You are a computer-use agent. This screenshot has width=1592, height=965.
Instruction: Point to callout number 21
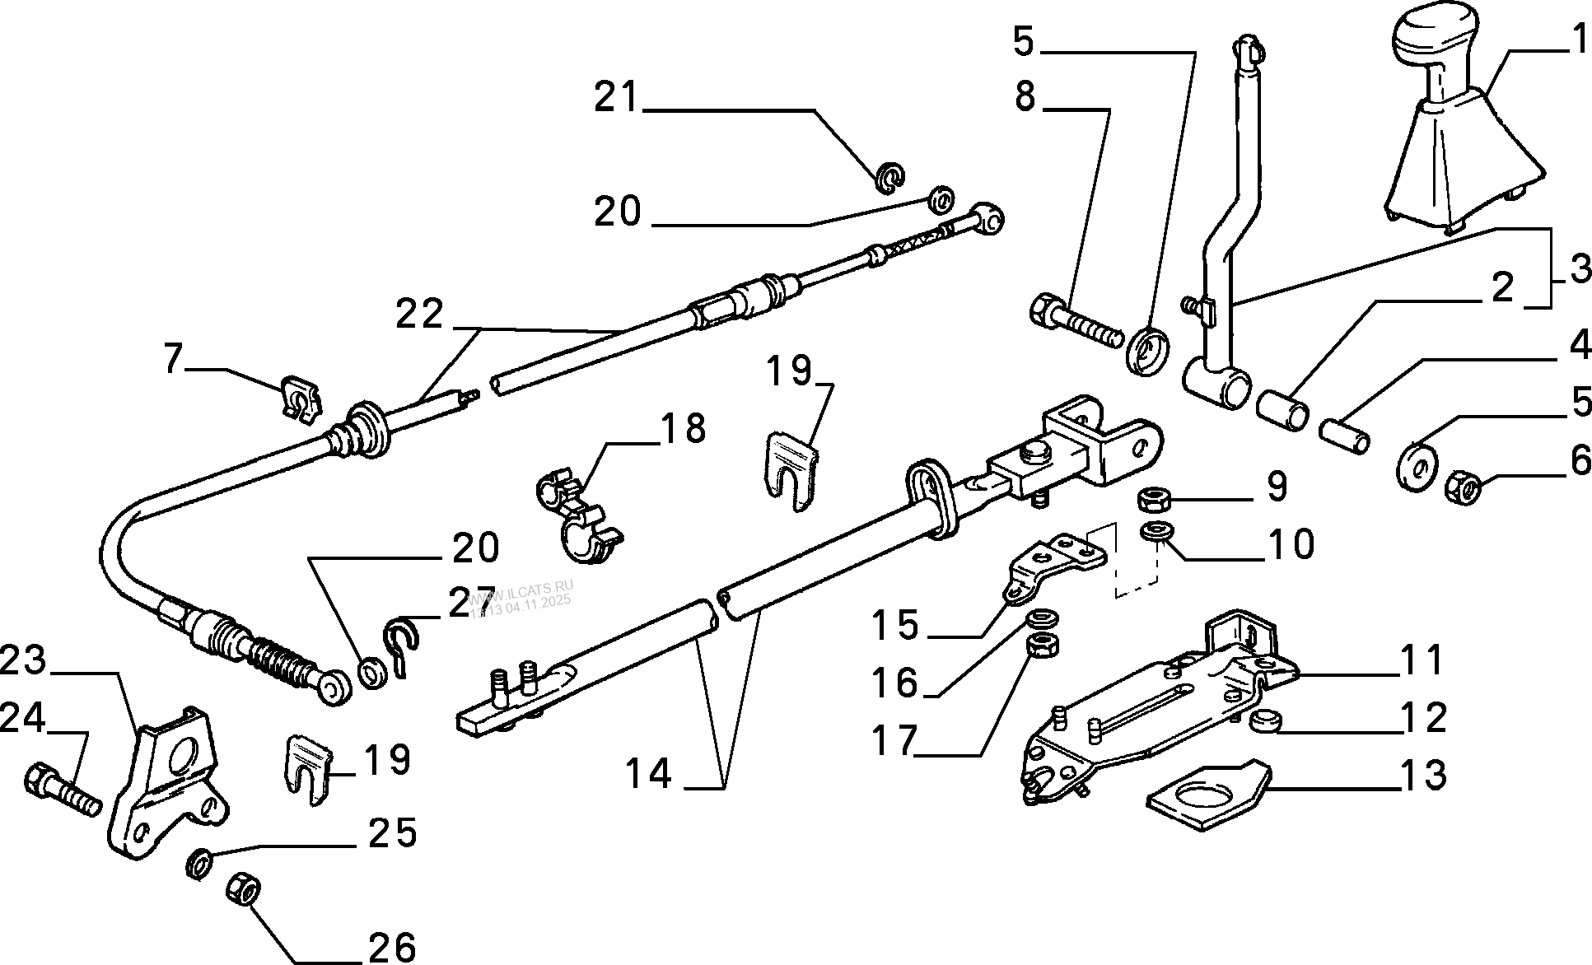[618, 99]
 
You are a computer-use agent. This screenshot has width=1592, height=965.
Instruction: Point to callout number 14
[648, 774]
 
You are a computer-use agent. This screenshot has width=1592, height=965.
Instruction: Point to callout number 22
[420, 315]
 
